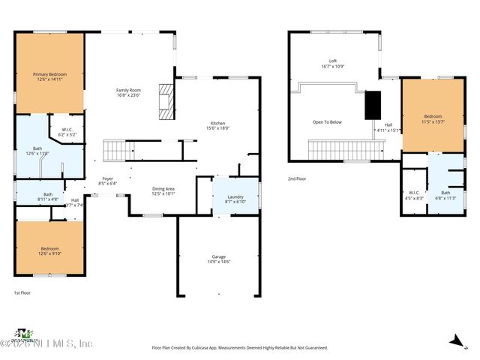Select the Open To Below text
328,121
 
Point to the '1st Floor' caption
22,292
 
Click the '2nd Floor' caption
298,178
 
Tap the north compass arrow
455,342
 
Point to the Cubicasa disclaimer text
240,348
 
